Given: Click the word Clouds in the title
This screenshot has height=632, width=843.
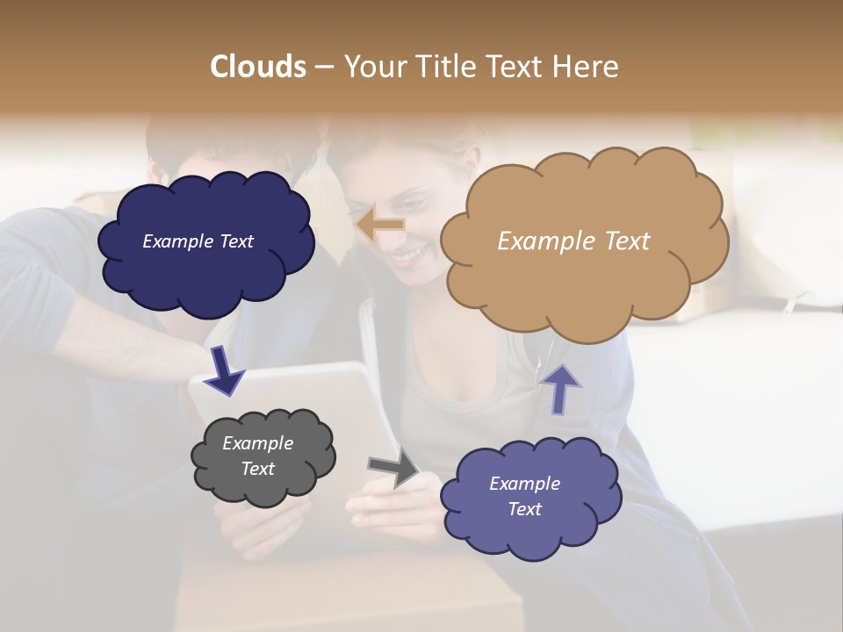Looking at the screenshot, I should coord(258,67).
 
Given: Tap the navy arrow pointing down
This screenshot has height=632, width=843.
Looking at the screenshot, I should coord(224,370).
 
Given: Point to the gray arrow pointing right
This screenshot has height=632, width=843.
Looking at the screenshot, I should coord(393,468).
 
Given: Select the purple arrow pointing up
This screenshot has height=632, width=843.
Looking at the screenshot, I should coord(559,388).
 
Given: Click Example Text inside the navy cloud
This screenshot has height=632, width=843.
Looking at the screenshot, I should coord(198,241).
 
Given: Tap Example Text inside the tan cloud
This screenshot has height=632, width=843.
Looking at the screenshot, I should coord(573,241).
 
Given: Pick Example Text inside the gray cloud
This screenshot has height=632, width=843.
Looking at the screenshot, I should coord(257,456).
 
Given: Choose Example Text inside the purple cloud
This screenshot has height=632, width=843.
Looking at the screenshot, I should coord(524,496).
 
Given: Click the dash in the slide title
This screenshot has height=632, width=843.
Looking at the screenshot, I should coord(323,68).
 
